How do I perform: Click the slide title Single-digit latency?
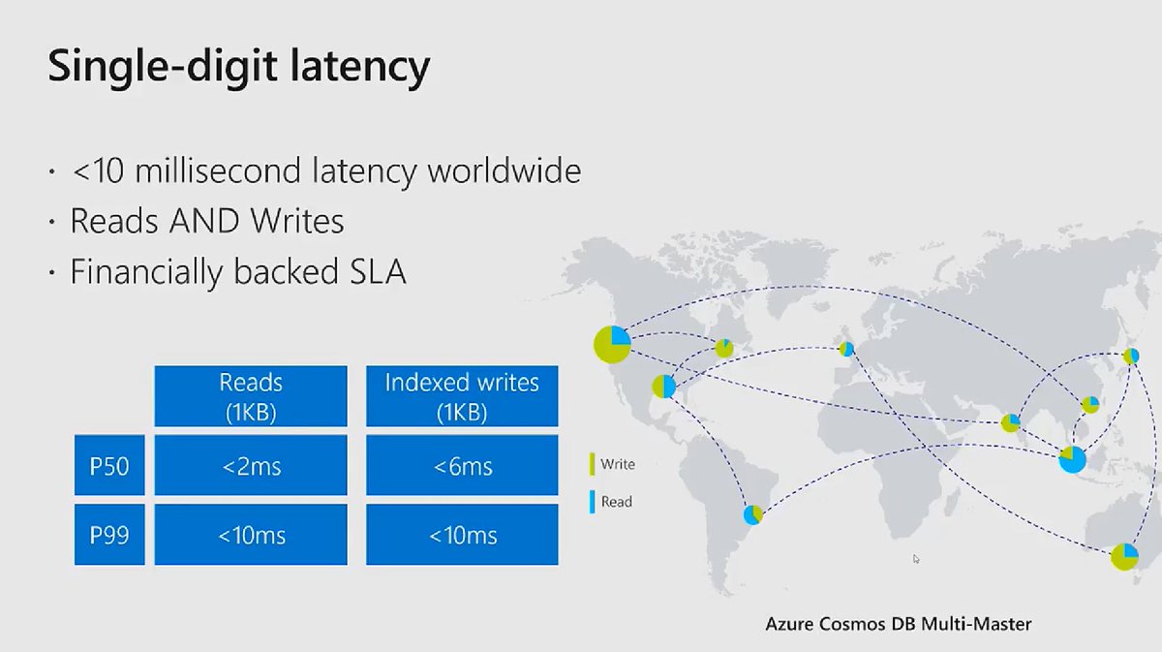click(238, 68)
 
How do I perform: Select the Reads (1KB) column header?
click(250, 396)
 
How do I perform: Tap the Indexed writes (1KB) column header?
click(462, 396)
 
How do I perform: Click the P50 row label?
click(109, 466)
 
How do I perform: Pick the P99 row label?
click(109, 535)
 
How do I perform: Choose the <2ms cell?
click(250, 466)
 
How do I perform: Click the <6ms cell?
click(462, 466)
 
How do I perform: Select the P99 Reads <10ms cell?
click(250, 535)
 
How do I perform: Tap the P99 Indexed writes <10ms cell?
click(462, 535)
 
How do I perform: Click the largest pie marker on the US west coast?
click(612, 343)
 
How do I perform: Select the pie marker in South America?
click(753, 514)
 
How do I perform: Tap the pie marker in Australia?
click(1124, 557)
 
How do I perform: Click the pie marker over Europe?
click(846, 349)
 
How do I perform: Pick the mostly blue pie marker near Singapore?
click(1072, 459)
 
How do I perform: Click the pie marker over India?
click(1010, 422)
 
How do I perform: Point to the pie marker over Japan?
click(1130, 356)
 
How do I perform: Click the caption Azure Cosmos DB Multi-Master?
click(899, 623)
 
